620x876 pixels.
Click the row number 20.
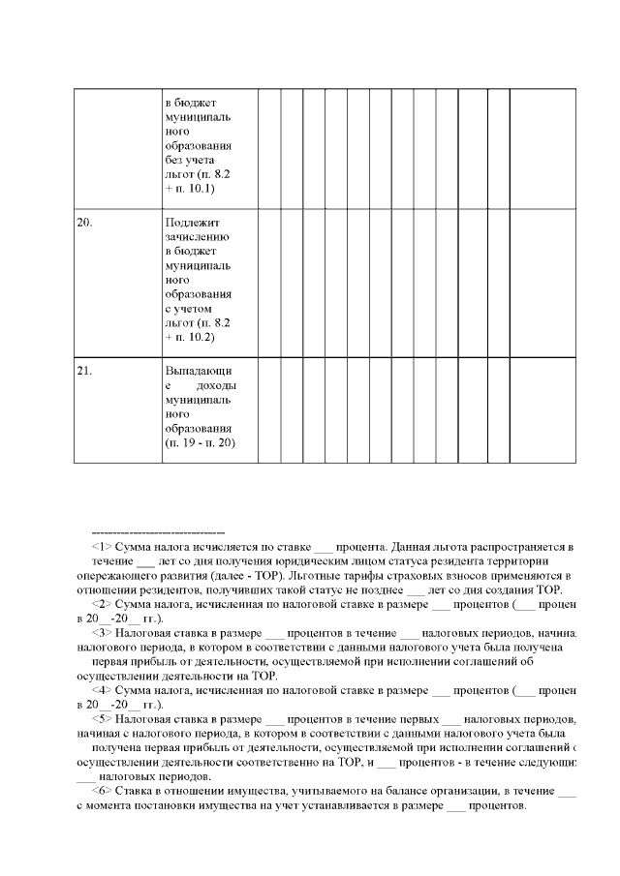pyautogui.click(x=84, y=222)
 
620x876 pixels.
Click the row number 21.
pyautogui.click(x=84, y=370)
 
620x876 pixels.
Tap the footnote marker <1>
pyautogui.click(x=102, y=547)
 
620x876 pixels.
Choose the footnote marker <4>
pyautogui.click(x=102, y=690)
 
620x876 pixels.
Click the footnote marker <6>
pyautogui.click(x=102, y=792)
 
